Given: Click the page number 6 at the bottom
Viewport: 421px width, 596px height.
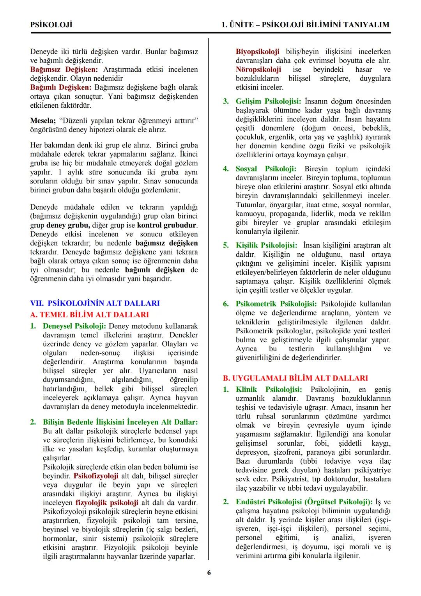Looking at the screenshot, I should click(x=209, y=573).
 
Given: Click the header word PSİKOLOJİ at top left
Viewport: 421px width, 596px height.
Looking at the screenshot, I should click(x=51, y=25).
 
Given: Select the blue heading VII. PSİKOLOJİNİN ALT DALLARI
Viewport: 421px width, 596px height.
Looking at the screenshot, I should click(x=95, y=303).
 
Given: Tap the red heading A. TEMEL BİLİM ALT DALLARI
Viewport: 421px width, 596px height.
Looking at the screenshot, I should click(x=89, y=315).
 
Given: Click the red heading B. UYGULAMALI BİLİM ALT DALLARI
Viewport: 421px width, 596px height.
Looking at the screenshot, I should click(x=295, y=378).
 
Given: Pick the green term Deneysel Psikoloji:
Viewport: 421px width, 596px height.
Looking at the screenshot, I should click(x=74, y=326).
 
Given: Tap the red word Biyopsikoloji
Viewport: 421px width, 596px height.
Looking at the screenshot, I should click(x=257, y=52).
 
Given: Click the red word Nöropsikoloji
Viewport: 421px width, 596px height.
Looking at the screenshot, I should click(x=258, y=69).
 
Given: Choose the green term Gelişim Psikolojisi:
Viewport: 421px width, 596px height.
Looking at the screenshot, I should click(x=268, y=101).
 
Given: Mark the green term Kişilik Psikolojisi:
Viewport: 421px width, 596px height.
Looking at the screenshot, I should click(x=266, y=246).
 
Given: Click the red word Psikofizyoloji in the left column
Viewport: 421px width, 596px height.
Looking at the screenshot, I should click(x=96, y=476).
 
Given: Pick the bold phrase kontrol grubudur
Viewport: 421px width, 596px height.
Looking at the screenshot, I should click(x=167, y=225).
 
